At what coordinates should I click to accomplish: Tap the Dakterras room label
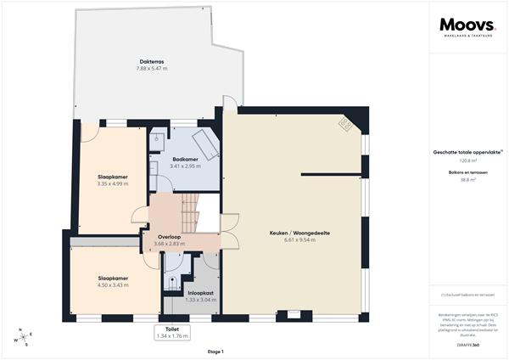coord(152,61)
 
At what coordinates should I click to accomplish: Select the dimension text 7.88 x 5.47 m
coord(152,68)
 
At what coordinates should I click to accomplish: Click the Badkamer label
coord(185,159)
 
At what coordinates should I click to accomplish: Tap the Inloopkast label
coord(200,293)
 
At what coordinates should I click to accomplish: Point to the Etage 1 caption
coord(215,351)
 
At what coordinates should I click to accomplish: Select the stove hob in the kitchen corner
coord(345,125)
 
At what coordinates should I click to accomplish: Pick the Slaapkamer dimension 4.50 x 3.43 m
coord(112,284)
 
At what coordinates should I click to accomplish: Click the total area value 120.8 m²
coord(468,160)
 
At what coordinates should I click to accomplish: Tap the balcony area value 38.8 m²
coord(468,180)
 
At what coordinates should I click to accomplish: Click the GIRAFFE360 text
coord(468,334)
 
